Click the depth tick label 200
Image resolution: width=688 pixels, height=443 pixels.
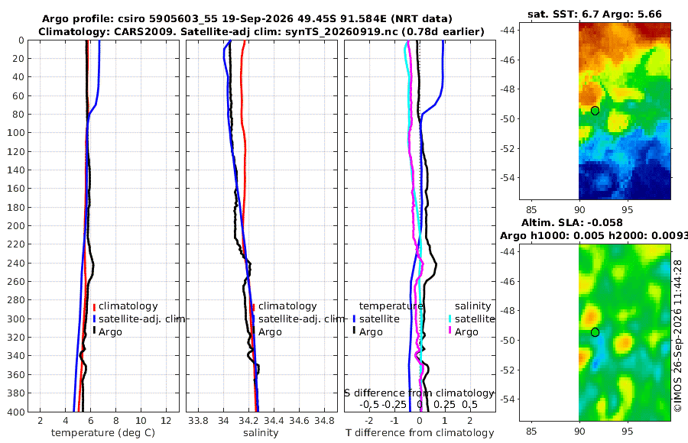tap(15, 225)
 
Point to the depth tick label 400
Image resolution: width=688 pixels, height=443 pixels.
tap(15, 412)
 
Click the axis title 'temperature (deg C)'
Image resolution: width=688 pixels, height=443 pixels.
tap(103, 433)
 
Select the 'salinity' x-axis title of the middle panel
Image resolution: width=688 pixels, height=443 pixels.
tap(261, 433)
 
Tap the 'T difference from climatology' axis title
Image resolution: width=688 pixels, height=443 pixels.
tap(420, 433)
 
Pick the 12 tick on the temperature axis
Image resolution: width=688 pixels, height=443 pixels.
tap(166, 421)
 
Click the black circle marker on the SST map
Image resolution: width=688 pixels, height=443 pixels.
tap(595, 111)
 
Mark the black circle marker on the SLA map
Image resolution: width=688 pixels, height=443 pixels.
tap(595, 332)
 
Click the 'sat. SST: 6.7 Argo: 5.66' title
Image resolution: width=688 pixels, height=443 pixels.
tap(595, 14)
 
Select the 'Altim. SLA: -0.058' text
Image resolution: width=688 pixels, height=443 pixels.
tap(572, 222)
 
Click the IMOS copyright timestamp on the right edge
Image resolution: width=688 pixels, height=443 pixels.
tap(678, 336)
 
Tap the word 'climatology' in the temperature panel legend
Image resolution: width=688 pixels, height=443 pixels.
tap(128, 306)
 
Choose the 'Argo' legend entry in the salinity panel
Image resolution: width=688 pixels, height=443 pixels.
tap(270, 331)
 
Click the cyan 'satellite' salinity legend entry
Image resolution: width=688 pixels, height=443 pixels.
tap(475, 319)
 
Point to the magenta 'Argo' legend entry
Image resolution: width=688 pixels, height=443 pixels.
tap(466, 331)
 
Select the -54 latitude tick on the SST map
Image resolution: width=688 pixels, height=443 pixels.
tap(508, 178)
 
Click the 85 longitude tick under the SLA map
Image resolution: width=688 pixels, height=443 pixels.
tap(531, 432)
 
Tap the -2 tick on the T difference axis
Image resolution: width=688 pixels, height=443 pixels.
tap(368, 421)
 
